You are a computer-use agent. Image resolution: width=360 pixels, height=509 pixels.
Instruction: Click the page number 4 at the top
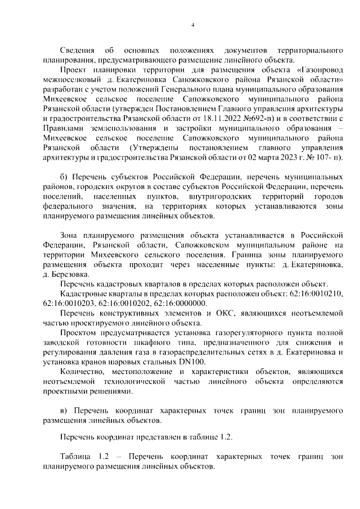tap(193, 25)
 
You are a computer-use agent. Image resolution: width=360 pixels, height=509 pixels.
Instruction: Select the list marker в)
tap(64, 409)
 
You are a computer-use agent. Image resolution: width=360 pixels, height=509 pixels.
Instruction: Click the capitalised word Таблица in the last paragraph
tap(76, 457)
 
